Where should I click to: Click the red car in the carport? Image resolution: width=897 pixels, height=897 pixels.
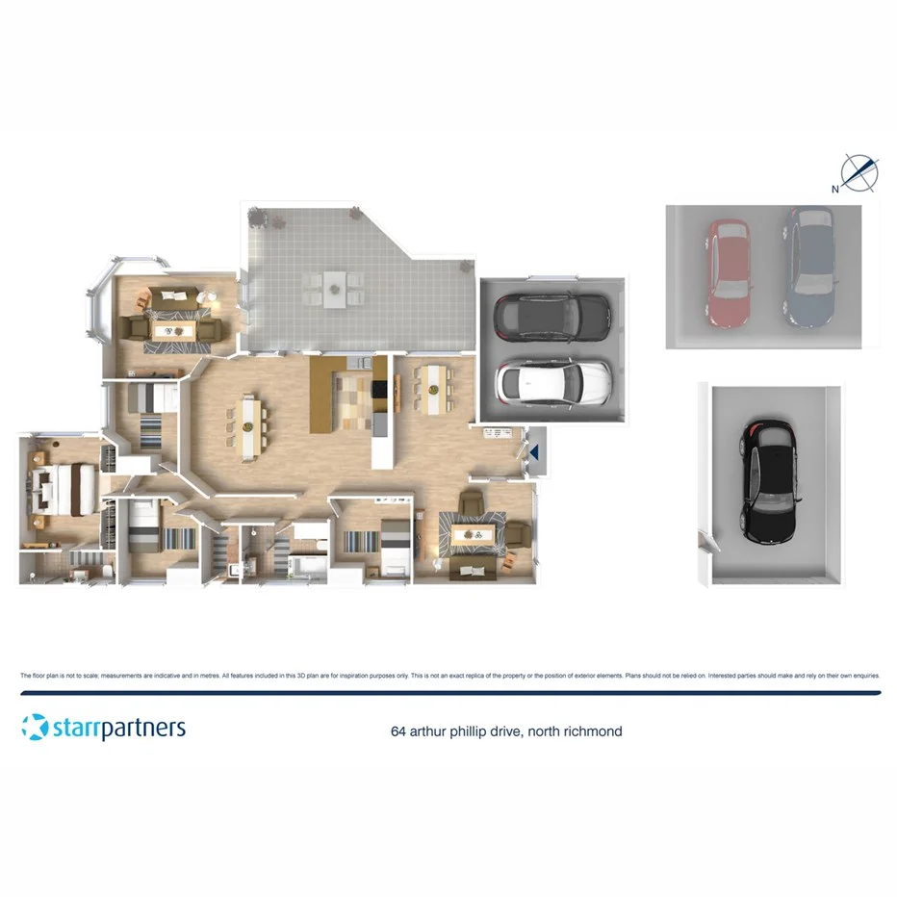point(729,274)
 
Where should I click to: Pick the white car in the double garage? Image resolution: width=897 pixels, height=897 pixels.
point(552,382)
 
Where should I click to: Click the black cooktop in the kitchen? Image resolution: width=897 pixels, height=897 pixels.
point(378,390)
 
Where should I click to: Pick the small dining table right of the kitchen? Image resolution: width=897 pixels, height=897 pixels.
point(433,386)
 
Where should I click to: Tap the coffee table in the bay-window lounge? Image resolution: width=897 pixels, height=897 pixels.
point(176,330)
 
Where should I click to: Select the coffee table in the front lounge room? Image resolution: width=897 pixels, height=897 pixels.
point(473,533)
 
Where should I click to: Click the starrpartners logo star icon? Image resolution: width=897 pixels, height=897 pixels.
point(34,727)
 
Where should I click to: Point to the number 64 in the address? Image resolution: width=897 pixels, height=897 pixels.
point(397,731)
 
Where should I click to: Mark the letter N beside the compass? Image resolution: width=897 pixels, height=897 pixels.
point(835,189)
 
